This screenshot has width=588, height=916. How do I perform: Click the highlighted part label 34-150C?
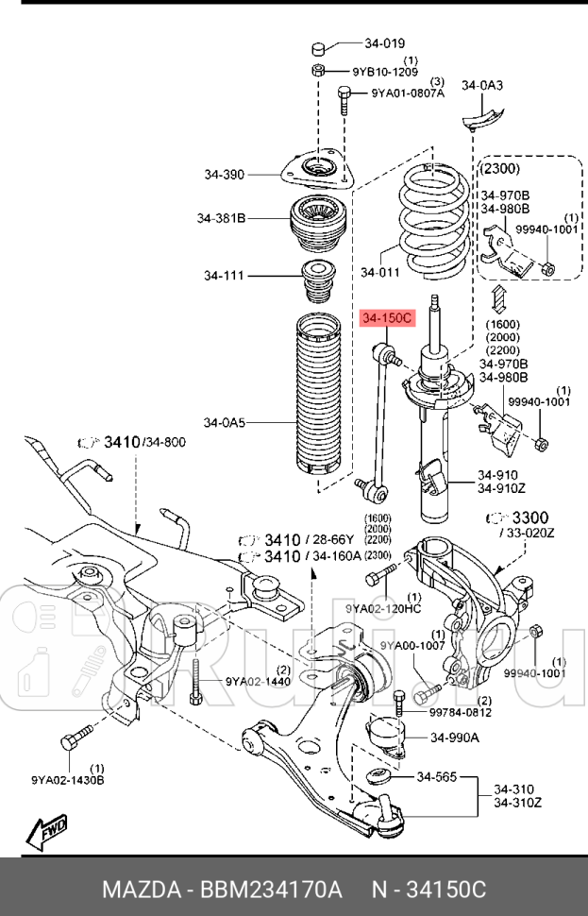(385, 319)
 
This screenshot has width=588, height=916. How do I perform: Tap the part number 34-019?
(384, 42)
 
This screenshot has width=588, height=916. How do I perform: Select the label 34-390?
(224, 174)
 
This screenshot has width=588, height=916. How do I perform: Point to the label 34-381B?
(221, 219)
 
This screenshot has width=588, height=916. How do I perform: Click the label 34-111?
(224, 276)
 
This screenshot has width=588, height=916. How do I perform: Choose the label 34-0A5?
(224, 422)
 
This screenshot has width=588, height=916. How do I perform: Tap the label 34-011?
(379, 273)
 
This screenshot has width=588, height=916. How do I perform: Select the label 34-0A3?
(481, 85)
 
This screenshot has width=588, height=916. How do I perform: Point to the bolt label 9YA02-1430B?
(67, 780)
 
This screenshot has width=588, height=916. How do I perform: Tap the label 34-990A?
(455, 738)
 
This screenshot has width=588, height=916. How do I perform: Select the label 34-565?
(436, 777)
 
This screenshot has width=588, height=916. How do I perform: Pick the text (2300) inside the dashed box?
(500, 168)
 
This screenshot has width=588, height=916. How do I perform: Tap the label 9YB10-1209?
(386, 72)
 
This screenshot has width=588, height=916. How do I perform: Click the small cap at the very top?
(319, 47)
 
